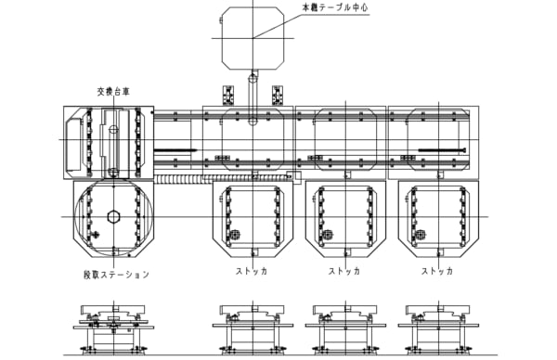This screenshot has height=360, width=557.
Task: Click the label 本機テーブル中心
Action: click(x=335, y=7)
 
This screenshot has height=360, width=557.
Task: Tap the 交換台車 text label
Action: click(x=113, y=92)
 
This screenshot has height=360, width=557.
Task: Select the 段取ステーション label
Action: click(x=117, y=275)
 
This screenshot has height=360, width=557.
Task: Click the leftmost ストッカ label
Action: click(x=252, y=271)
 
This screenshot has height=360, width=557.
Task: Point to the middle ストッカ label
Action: click(x=344, y=271)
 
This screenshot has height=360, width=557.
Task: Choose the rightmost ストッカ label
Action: click(x=437, y=271)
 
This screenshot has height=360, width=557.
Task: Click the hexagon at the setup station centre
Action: click(x=113, y=216)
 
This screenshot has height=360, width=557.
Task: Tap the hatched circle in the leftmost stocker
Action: click(x=235, y=235)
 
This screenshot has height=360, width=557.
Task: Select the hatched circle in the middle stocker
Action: click(x=328, y=235)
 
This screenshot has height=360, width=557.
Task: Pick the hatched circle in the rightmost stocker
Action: click(x=421, y=235)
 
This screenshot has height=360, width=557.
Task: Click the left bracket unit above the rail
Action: click(x=228, y=96)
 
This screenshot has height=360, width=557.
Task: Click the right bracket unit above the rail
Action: click(x=278, y=96)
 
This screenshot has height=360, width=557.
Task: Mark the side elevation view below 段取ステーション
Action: click(x=113, y=328)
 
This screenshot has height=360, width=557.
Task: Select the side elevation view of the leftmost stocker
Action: click(x=253, y=328)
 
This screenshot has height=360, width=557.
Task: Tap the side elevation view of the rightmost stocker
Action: click(x=438, y=328)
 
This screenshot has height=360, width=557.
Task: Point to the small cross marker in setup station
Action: click(x=95, y=235)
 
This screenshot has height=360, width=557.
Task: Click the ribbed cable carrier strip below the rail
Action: click(x=220, y=178)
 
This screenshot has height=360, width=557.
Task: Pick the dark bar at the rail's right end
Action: click(x=442, y=150)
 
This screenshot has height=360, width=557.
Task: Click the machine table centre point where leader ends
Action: click(x=253, y=38)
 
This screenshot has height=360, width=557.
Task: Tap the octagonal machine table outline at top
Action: click(x=222, y=38)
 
